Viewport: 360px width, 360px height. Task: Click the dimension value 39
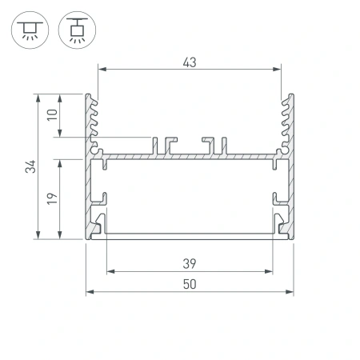(x=190, y=263)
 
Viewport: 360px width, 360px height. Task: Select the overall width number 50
(x=190, y=284)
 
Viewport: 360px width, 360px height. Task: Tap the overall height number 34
(x=30, y=167)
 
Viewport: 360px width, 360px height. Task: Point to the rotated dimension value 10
(x=51, y=114)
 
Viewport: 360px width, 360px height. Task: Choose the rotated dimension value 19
(x=51, y=198)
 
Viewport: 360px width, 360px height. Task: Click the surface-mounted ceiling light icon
(x=30, y=30)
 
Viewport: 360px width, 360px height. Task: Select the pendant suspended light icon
(x=77, y=30)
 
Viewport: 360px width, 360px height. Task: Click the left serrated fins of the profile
(x=95, y=120)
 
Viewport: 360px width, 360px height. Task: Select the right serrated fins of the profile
(x=284, y=120)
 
